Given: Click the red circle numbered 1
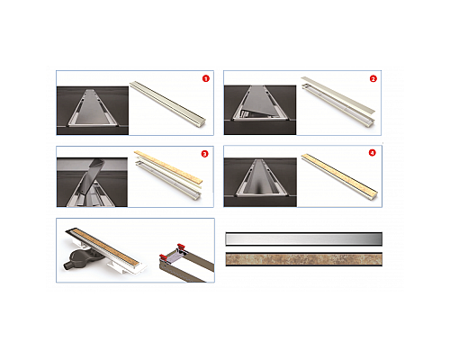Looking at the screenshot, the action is pyautogui.click(x=206, y=78).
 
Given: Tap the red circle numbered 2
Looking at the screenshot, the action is pyautogui.click(x=373, y=79).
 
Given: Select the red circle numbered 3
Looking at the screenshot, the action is pyautogui.click(x=204, y=154).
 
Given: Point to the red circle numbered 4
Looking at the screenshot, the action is pyautogui.click(x=372, y=153).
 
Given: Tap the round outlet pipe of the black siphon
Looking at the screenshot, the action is pyautogui.click(x=66, y=265).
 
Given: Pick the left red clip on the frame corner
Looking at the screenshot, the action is pyautogui.click(x=163, y=257).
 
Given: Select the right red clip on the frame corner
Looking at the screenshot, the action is pyautogui.click(x=181, y=247).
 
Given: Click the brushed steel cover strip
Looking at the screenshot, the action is pyautogui.click(x=304, y=239).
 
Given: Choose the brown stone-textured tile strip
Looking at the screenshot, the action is pyautogui.click(x=304, y=259).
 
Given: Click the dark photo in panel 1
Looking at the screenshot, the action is pyautogui.click(x=93, y=111).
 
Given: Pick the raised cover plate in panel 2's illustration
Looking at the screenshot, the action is pyautogui.click(x=338, y=94).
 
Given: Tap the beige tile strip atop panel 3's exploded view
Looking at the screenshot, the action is pyautogui.click(x=168, y=166).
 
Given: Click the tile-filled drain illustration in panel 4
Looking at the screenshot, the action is pyautogui.click(x=339, y=175).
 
